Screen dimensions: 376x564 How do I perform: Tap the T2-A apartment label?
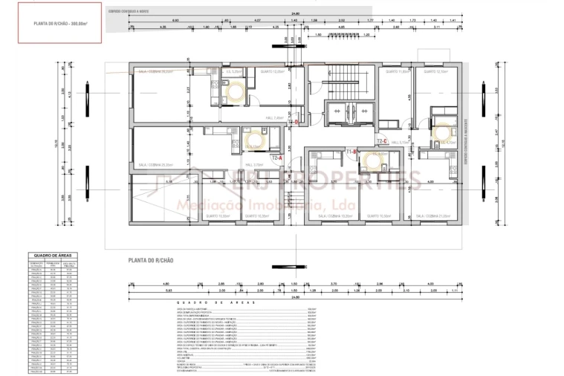(276, 158)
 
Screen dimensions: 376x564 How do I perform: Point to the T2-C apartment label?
(383, 140)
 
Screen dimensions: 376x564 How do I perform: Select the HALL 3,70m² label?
(255, 165)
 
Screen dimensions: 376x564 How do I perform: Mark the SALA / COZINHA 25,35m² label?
(156, 165)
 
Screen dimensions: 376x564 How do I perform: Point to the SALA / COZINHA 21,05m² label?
(434, 216)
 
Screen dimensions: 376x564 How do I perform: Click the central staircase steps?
(343, 81)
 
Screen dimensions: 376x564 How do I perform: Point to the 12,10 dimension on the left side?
(56, 143)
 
